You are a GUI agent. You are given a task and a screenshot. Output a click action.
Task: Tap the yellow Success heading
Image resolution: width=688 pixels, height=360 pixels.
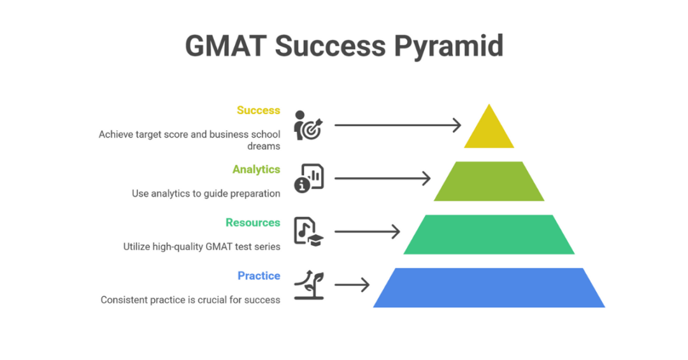pyautogui.click(x=258, y=110)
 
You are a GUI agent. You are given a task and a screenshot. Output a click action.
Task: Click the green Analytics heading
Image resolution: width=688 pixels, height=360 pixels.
pyautogui.click(x=256, y=169)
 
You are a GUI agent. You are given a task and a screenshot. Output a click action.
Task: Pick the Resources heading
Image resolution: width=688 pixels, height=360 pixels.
pyautogui.click(x=252, y=222)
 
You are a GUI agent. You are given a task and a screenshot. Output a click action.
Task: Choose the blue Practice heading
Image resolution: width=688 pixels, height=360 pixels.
pyautogui.click(x=259, y=276)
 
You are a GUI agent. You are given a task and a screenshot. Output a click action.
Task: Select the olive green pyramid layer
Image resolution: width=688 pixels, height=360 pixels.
pyautogui.click(x=489, y=182)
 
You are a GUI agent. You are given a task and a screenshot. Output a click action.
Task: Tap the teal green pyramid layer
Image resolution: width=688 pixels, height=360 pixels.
pyautogui.click(x=489, y=234)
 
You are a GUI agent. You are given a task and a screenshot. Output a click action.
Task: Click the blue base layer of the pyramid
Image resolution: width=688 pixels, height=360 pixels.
pyautogui.click(x=489, y=288)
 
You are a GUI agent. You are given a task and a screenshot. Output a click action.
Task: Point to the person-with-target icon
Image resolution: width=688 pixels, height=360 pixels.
pyautogui.click(x=308, y=125)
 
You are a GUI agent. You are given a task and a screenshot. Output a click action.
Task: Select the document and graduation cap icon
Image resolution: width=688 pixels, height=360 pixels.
pyautogui.click(x=308, y=231)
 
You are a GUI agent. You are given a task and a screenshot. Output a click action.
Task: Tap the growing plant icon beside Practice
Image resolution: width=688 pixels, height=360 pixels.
pyautogui.click(x=308, y=285)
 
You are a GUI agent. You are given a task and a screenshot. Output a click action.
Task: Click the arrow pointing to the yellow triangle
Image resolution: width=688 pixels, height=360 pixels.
pyautogui.click(x=398, y=125)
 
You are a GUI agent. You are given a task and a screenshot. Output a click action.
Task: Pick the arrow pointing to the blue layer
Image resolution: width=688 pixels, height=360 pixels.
pyautogui.click(x=352, y=285)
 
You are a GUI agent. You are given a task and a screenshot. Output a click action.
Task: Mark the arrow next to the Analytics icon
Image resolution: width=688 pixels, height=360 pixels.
pyautogui.click(x=382, y=178)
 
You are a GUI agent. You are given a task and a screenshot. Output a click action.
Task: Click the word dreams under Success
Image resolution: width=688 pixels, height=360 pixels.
pyautogui.click(x=264, y=146)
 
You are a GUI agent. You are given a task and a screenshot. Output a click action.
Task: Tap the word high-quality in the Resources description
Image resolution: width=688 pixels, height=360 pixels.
pyautogui.click(x=178, y=247)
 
